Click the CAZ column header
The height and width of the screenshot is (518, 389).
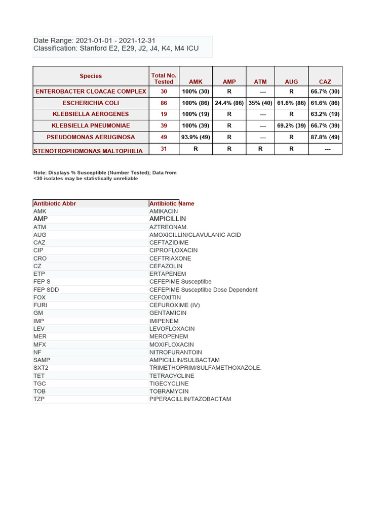[325, 81]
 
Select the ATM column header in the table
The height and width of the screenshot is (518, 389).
[260, 81]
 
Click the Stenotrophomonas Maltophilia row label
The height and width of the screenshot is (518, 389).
[88, 151]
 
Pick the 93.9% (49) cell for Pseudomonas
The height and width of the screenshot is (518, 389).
[196, 137]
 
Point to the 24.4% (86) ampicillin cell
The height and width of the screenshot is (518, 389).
[229, 103]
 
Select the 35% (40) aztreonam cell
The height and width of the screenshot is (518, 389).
[260, 103]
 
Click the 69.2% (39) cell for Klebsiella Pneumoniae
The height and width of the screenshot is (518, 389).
[291, 125]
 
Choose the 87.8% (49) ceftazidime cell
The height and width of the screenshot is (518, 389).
[325, 137]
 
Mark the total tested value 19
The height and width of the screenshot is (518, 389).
[164, 114]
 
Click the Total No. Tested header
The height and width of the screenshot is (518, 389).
[164, 78]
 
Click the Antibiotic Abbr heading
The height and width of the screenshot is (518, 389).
[55, 203]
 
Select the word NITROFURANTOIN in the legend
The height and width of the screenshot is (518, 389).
[175, 352]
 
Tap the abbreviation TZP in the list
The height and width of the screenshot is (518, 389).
[40, 399]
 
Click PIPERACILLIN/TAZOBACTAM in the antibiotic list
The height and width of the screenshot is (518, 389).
[190, 399]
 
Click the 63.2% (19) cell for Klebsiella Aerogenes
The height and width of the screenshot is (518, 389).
[325, 114]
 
